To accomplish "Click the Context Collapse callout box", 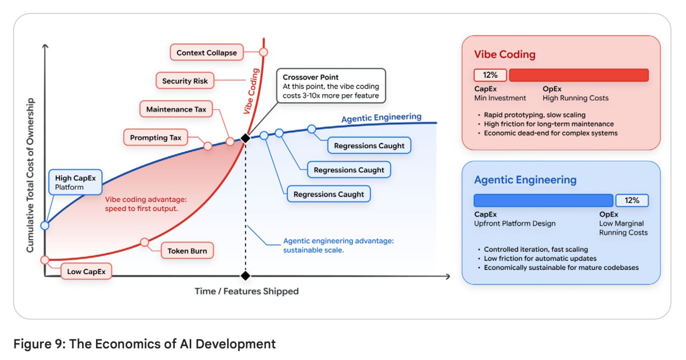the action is tap(207, 52).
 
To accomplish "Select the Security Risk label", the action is tap(185, 81).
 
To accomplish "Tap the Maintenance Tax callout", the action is tap(176, 109).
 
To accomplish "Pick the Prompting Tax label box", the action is tap(155, 138).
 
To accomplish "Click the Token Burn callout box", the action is tap(187, 251).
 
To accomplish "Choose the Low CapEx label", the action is tap(86, 271).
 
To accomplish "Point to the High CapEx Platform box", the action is tap(76, 182).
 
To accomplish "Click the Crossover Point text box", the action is tap(331, 86).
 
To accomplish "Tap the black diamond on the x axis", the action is tap(245, 276).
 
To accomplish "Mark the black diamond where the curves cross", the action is tap(245, 138).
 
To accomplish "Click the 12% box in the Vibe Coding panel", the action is tap(490, 75).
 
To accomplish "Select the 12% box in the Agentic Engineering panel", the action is tap(632, 200).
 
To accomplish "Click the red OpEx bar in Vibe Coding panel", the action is tap(579, 75).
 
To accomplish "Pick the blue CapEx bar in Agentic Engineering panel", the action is tap(543, 200).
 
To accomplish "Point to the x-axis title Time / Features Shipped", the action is tap(247, 291).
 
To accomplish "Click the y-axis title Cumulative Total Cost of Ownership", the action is tap(30, 175).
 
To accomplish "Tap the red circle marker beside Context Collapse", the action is tap(263, 52).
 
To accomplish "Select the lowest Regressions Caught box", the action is tap(329, 194).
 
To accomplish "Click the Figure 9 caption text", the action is tap(145, 344).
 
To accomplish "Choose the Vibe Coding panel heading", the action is tap(505, 55).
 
